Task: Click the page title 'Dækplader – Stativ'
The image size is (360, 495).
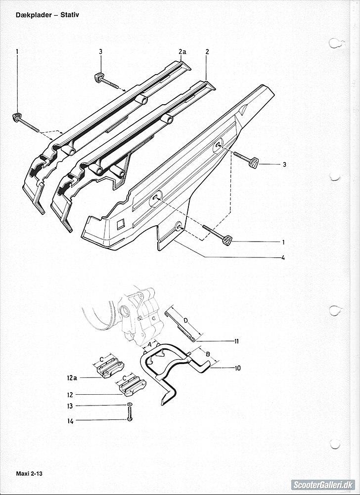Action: point(47,15)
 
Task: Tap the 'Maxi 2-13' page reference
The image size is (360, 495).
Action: point(29,474)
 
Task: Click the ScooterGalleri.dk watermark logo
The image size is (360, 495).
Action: point(323,485)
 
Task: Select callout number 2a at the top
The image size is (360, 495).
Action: point(182,52)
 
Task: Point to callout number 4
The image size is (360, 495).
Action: point(283,257)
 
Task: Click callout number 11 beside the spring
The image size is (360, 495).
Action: point(236,341)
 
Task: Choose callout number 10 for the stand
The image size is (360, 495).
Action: point(237,368)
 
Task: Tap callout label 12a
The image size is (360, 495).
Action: point(72,377)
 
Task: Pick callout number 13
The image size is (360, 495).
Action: point(70,406)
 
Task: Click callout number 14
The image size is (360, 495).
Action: point(70,421)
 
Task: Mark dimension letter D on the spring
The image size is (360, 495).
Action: point(186,321)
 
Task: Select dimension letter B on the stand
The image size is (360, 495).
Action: point(208,354)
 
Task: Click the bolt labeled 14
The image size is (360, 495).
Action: point(130,413)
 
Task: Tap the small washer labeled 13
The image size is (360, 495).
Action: point(130,404)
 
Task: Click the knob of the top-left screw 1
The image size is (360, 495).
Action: point(16,117)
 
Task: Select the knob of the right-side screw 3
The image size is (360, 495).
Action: point(254,162)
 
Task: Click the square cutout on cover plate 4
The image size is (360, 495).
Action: point(121,224)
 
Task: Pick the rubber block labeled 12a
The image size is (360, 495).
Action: point(108,368)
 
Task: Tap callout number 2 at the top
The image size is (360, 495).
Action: point(207,52)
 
